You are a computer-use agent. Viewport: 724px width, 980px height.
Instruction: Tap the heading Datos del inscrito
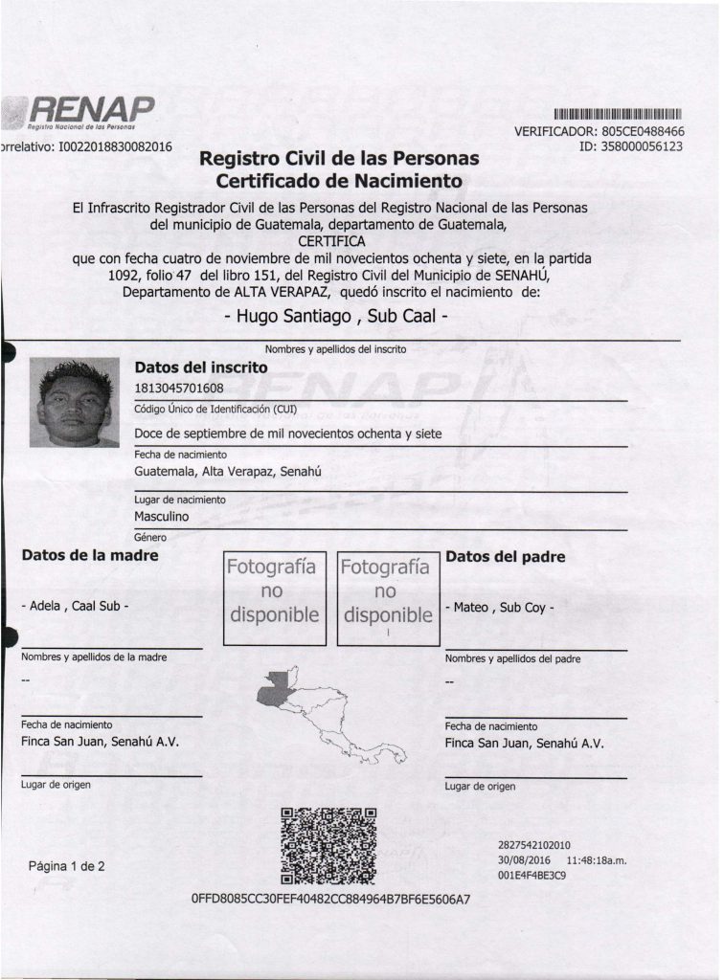tap(202, 367)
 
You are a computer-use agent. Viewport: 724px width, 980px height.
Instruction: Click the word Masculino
tap(162, 517)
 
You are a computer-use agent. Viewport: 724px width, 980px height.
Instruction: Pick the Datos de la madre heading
tap(90, 555)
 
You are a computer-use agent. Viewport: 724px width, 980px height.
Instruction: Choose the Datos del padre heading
tap(505, 556)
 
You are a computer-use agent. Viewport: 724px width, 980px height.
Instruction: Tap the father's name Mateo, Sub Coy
tap(499, 607)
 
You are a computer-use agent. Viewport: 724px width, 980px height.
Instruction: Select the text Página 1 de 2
tap(67, 867)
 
